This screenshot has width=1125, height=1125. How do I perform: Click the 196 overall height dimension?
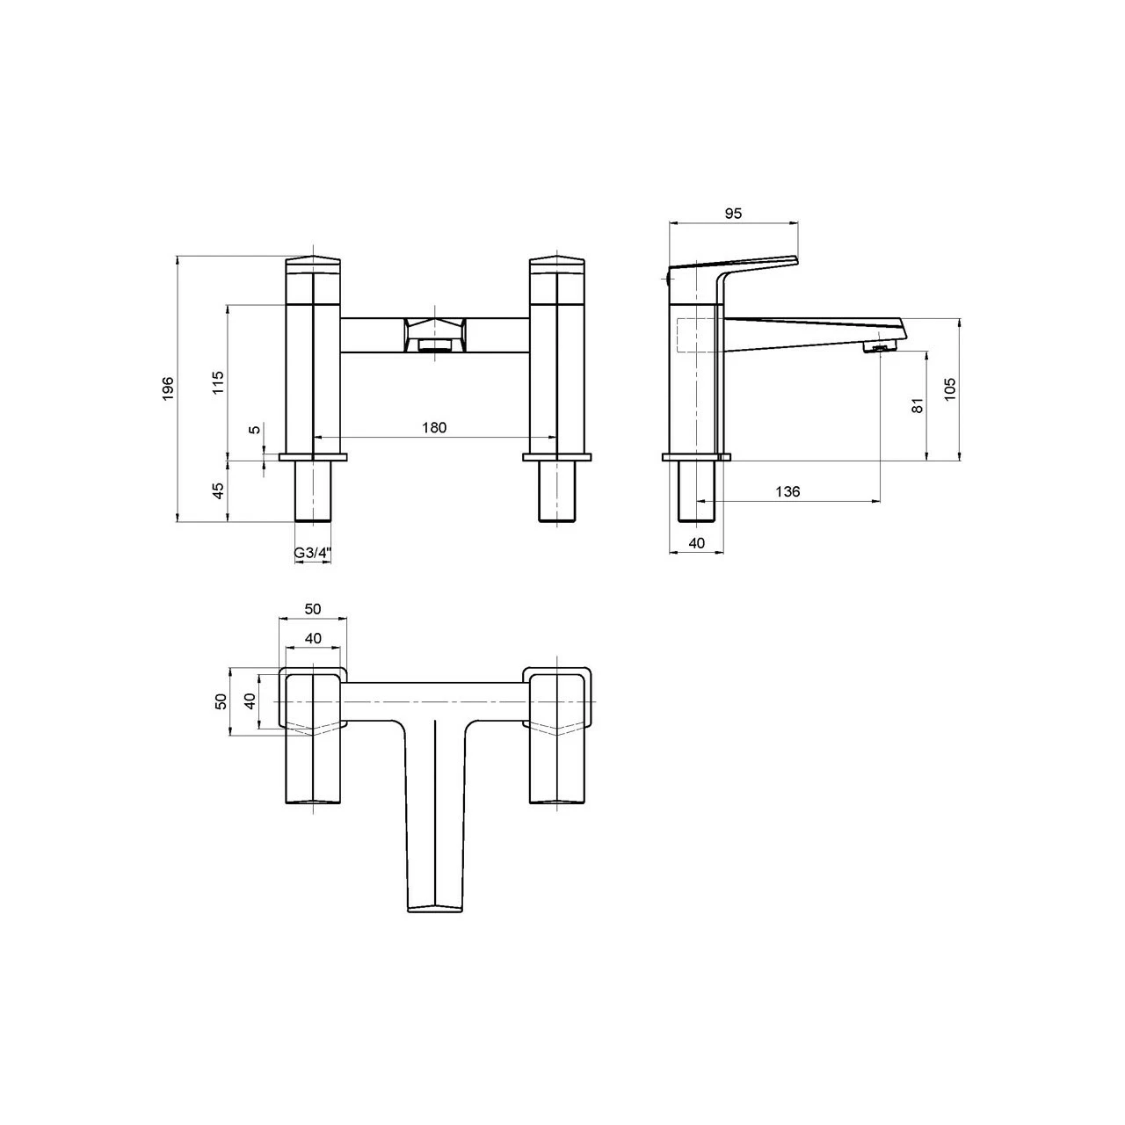pos(168,388)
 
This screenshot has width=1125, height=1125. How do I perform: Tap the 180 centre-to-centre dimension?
pos(434,428)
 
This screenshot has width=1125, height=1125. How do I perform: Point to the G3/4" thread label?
pos(312,553)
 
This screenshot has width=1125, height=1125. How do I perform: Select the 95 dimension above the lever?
pos(734,214)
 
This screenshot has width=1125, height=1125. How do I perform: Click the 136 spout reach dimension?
pos(788,491)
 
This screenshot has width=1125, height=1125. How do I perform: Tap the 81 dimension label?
pos(917,406)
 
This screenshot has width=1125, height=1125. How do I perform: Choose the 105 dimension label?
pos(949,388)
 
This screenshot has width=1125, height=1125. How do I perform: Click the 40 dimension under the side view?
pos(697,543)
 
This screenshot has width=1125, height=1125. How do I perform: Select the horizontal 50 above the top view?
pos(313,609)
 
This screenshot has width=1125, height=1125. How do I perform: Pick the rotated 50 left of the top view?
pos(221,701)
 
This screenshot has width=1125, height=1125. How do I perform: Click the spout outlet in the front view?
pos(434,344)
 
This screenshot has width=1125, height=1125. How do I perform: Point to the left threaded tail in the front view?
pos(313,492)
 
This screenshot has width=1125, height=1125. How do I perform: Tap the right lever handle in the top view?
pos(556,765)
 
